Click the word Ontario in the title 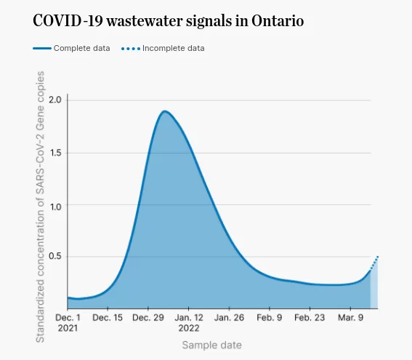278,20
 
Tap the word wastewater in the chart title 145,20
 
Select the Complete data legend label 81,49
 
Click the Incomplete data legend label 174,49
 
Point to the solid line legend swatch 42,49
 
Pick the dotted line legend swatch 131,49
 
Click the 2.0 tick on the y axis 55,100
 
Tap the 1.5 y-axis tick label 55,153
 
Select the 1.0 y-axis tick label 55,207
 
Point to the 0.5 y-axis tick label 55,256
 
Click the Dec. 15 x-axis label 108,318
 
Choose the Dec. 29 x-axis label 148,318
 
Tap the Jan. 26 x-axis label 229,318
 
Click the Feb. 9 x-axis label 270,318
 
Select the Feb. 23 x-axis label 310,318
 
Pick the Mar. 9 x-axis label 350,318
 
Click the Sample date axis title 211,345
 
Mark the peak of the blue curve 165,111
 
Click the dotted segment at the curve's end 374,263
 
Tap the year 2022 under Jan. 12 189,328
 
